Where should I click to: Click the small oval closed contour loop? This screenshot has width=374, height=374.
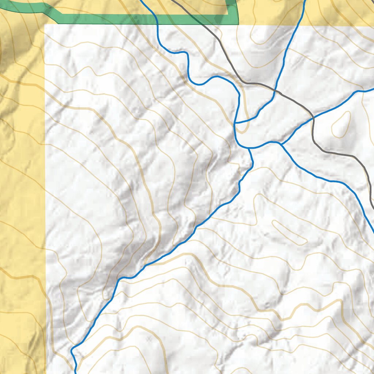point(341,125)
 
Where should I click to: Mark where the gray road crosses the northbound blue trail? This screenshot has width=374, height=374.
point(275,90)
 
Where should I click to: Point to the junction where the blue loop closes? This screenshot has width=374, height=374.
point(234,124)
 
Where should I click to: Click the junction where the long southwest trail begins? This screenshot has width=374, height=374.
point(249,148)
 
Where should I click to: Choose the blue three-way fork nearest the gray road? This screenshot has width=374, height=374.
point(281,144)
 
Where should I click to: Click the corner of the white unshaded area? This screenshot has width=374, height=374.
point(45,26)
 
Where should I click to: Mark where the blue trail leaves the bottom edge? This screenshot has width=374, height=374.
point(76,373)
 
